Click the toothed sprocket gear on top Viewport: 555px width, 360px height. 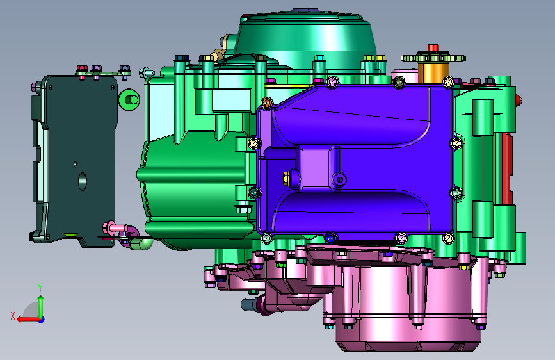(433, 58)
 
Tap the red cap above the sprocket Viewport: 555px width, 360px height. (433, 48)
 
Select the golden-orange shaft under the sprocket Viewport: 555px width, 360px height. (433, 73)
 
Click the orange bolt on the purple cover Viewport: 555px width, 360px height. (267, 102)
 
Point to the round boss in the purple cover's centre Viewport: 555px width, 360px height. (339, 179)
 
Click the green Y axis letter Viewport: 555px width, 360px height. (40, 288)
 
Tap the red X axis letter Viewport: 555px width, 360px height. (13, 316)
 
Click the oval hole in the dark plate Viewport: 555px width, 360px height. (82, 181)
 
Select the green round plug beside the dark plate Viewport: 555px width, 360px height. (129, 99)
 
